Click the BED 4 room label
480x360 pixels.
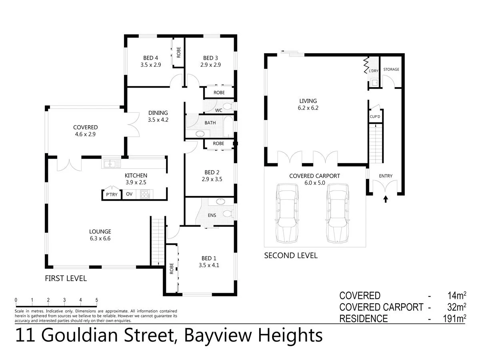[x=150, y=58]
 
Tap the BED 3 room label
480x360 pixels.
[x=211, y=58]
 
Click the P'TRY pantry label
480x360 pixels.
[x=111, y=194]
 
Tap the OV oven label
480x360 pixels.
[x=129, y=194]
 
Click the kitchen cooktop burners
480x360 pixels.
[x=144, y=194]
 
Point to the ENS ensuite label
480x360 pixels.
[x=212, y=215]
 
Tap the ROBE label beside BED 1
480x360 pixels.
[x=171, y=268]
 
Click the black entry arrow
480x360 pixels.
[x=386, y=199]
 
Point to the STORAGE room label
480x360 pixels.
[x=391, y=69]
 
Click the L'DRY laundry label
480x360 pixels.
[x=374, y=71]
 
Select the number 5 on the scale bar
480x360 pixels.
[x=97, y=300]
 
